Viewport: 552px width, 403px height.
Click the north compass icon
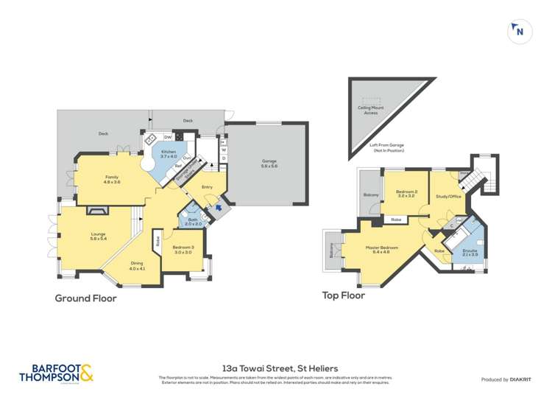pyautogui.click(x=520, y=31)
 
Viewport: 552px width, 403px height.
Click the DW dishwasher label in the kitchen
pyautogui.click(x=168, y=137)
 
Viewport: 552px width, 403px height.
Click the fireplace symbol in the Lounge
pyautogui.click(x=96, y=210)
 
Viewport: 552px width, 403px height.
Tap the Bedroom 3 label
pyautogui.click(x=183, y=250)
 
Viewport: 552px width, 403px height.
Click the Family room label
pyautogui.click(x=112, y=179)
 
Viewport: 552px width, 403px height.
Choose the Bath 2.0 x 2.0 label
pyautogui.click(x=193, y=222)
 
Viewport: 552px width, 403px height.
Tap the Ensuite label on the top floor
pyautogui.click(x=470, y=252)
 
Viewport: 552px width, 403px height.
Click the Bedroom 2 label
pyautogui.click(x=407, y=194)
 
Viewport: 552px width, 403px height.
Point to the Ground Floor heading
pyautogui.click(x=86, y=298)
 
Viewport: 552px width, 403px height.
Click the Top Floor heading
pyautogui.click(x=343, y=295)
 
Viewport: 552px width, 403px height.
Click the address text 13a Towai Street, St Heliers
pyautogui.click(x=275, y=365)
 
